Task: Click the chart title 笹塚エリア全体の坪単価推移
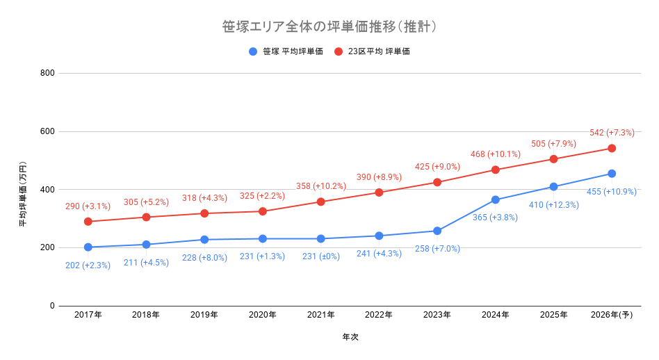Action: pyautogui.click(x=329, y=27)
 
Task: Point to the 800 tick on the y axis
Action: pyautogui.click(x=47, y=73)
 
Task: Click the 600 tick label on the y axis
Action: pyautogui.click(x=47, y=131)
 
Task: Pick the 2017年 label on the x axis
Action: pyautogui.click(x=88, y=315)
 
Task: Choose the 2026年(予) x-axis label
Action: pyautogui.click(x=611, y=315)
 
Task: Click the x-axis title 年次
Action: pyautogui.click(x=350, y=337)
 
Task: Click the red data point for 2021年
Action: pyautogui.click(x=320, y=202)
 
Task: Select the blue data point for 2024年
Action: pyautogui.click(x=495, y=199)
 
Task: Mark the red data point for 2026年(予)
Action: pyautogui.click(x=612, y=148)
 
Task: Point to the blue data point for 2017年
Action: pyautogui.click(x=88, y=247)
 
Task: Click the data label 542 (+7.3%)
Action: pyautogui.click(x=612, y=133)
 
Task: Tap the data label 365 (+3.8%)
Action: pyautogui.click(x=495, y=218)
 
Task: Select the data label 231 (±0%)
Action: pyautogui.click(x=320, y=256)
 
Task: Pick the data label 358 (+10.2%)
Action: pyautogui.click(x=320, y=186)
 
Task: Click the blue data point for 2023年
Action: pyautogui.click(x=437, y=231)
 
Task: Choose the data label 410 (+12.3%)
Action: pyautogui.click(x=553, y=205)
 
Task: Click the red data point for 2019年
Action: pyautogui.click(x=204, y=213)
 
